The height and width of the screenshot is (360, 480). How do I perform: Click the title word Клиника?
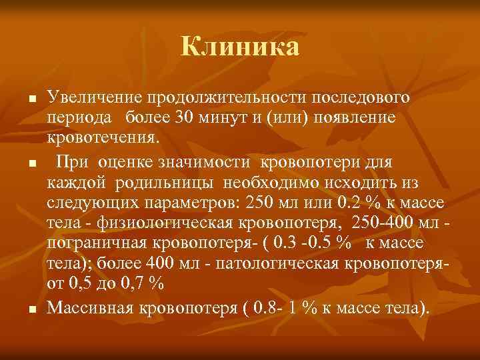(x=240, y=47)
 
